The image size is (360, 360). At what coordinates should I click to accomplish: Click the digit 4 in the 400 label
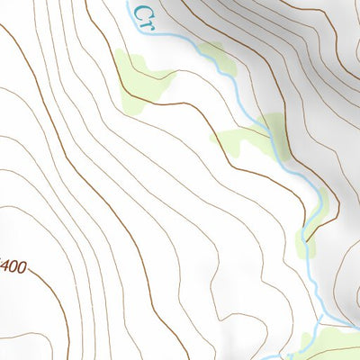(x=5, y=267)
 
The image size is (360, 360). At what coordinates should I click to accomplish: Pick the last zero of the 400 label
(x=22, y=267)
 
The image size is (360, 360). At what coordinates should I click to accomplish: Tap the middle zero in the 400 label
(x=13, y=267)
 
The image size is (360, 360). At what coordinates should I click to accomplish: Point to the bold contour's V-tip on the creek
(x=308, y=241)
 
